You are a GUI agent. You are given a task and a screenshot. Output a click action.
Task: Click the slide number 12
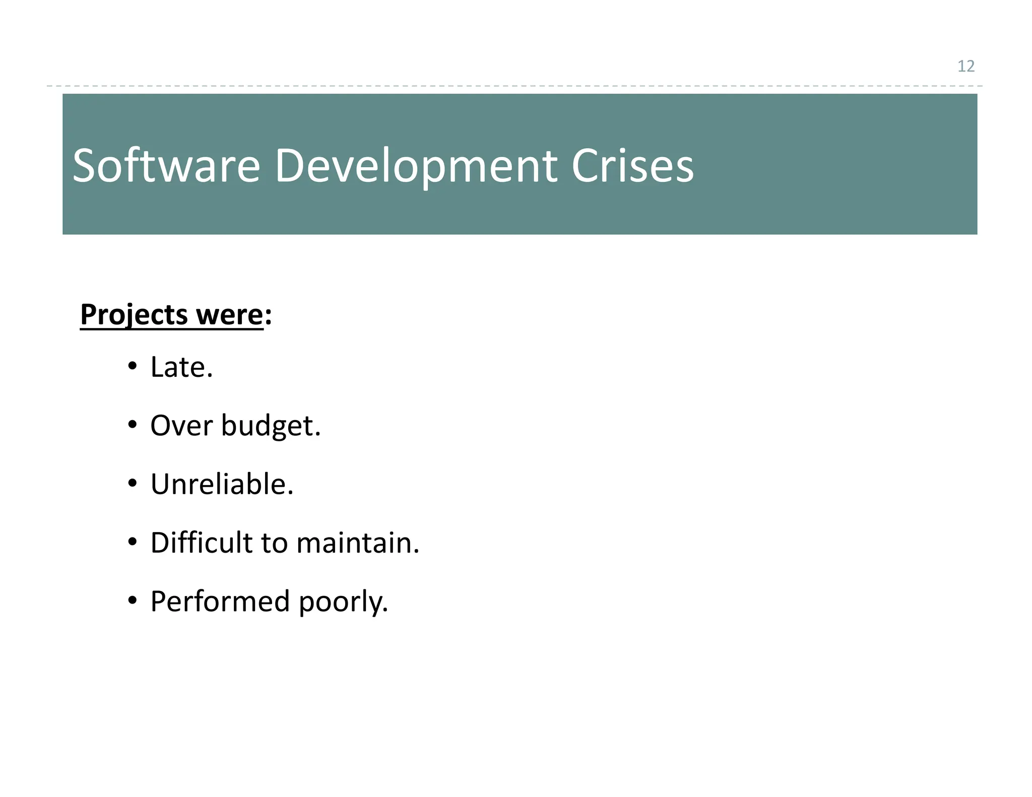[x=965, y=66]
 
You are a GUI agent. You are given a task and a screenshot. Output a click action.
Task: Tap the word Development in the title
[x=415, y=166]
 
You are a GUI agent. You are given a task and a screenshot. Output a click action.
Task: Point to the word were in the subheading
[x=229, y=315]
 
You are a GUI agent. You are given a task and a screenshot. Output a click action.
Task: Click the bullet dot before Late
[x=132, y=366]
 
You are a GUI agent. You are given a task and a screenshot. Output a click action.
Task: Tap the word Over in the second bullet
[x=181, y=426]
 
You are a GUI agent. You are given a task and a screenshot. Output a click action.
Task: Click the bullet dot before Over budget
[x=132, y=425]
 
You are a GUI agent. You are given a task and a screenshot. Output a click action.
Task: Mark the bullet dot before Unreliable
[x=132, y=484]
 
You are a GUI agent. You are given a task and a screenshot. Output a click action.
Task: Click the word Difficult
[x=201, y=543]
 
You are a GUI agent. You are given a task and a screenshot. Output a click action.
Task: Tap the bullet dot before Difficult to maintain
[x=132, y=543]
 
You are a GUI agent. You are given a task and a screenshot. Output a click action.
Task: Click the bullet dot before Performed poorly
[x=132, y=601]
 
